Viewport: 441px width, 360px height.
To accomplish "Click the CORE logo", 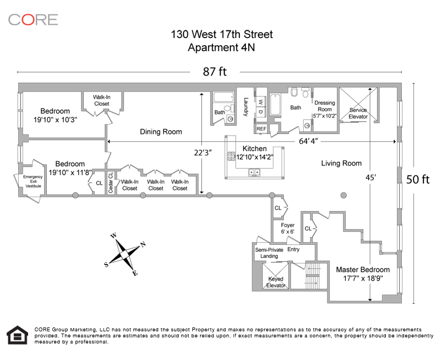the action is pyautogui.click(x=33, y=20).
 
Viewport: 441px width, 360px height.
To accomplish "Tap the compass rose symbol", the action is pyautogui.click(x=125, y=255).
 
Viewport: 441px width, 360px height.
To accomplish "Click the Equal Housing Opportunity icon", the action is pyautogui.click(x=18, y=335).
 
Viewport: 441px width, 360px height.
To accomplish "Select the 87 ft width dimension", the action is pyautogui.click(x=214, y=72).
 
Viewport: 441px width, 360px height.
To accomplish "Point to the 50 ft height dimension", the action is pyautogui.click(x=418, y=179).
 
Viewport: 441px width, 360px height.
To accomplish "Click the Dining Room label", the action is pyautogui.click(x=161, y=132).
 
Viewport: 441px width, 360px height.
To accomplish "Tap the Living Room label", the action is pyautogui.click(x=341, y=163).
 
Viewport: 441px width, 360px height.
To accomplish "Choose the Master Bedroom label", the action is pyautogui.click(x=363, y=273).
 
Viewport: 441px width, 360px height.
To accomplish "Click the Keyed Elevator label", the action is pyautogui.click(x=276, y=282).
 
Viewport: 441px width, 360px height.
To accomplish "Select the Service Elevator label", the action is pyautogui.click(x=358, y=113).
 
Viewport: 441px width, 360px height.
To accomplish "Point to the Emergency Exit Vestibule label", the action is pyautogui.click(x=33, y=181).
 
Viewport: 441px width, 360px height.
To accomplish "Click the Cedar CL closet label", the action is pyautogui.click(x=111, y=182).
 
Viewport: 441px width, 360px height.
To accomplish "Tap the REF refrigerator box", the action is pyautogui.click(x=261, y=129).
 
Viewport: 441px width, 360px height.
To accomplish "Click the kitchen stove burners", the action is pyautogui.click(x=231, y=157).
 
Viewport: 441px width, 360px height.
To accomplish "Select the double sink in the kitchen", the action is pyautogui.click(x=254, y=172).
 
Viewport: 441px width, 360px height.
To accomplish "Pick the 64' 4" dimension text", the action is pyautogui.click(x=309, y=141).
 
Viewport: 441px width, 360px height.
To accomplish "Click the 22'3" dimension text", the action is pyautogui.click(x=202, y=153).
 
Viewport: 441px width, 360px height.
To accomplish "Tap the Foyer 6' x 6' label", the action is pyautogui.click(x=287, y=228).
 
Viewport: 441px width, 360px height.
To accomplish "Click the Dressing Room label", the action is pyautogui.click(x=325, y=109).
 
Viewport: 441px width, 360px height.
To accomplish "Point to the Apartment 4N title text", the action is pyautogui.click(x=222, y=47).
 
